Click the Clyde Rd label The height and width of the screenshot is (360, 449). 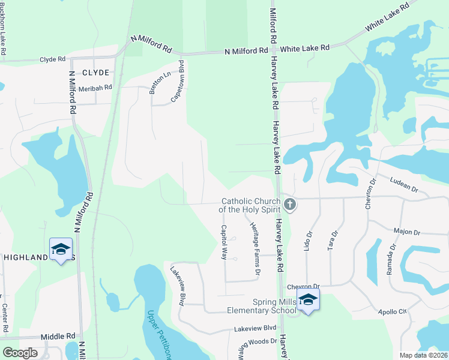point(52,59)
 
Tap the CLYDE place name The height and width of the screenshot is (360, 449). point(95,73)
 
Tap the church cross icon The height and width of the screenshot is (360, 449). point(290,205)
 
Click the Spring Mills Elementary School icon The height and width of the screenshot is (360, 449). point(308,301)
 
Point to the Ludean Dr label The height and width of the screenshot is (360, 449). point(403,184)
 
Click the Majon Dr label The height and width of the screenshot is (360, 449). point(405,231)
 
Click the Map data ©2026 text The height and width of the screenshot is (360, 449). point(424,355)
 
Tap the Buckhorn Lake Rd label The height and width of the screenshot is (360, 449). point(4,28)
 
